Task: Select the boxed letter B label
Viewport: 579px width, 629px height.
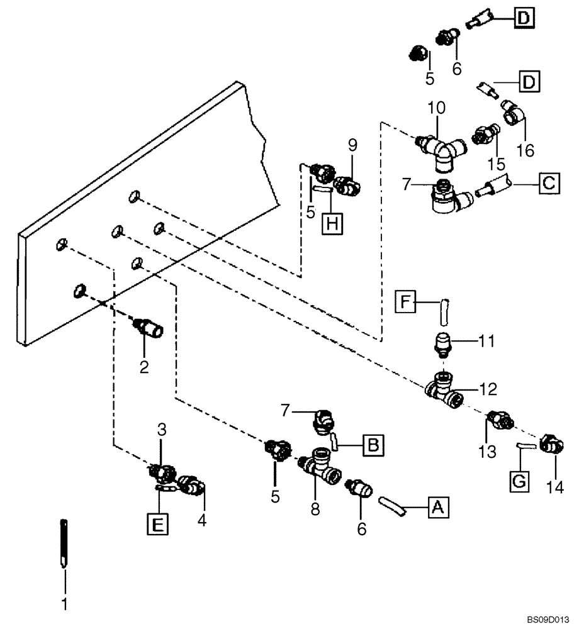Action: (372, 446)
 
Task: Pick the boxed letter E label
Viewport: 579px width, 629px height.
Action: (159, 523)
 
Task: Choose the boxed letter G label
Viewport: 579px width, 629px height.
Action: (519, 481)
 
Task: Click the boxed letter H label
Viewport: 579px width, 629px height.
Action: (333, 224)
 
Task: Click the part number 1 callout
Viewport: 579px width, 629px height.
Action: (63, 605)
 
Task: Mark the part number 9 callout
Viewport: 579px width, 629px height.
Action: (352, 146)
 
